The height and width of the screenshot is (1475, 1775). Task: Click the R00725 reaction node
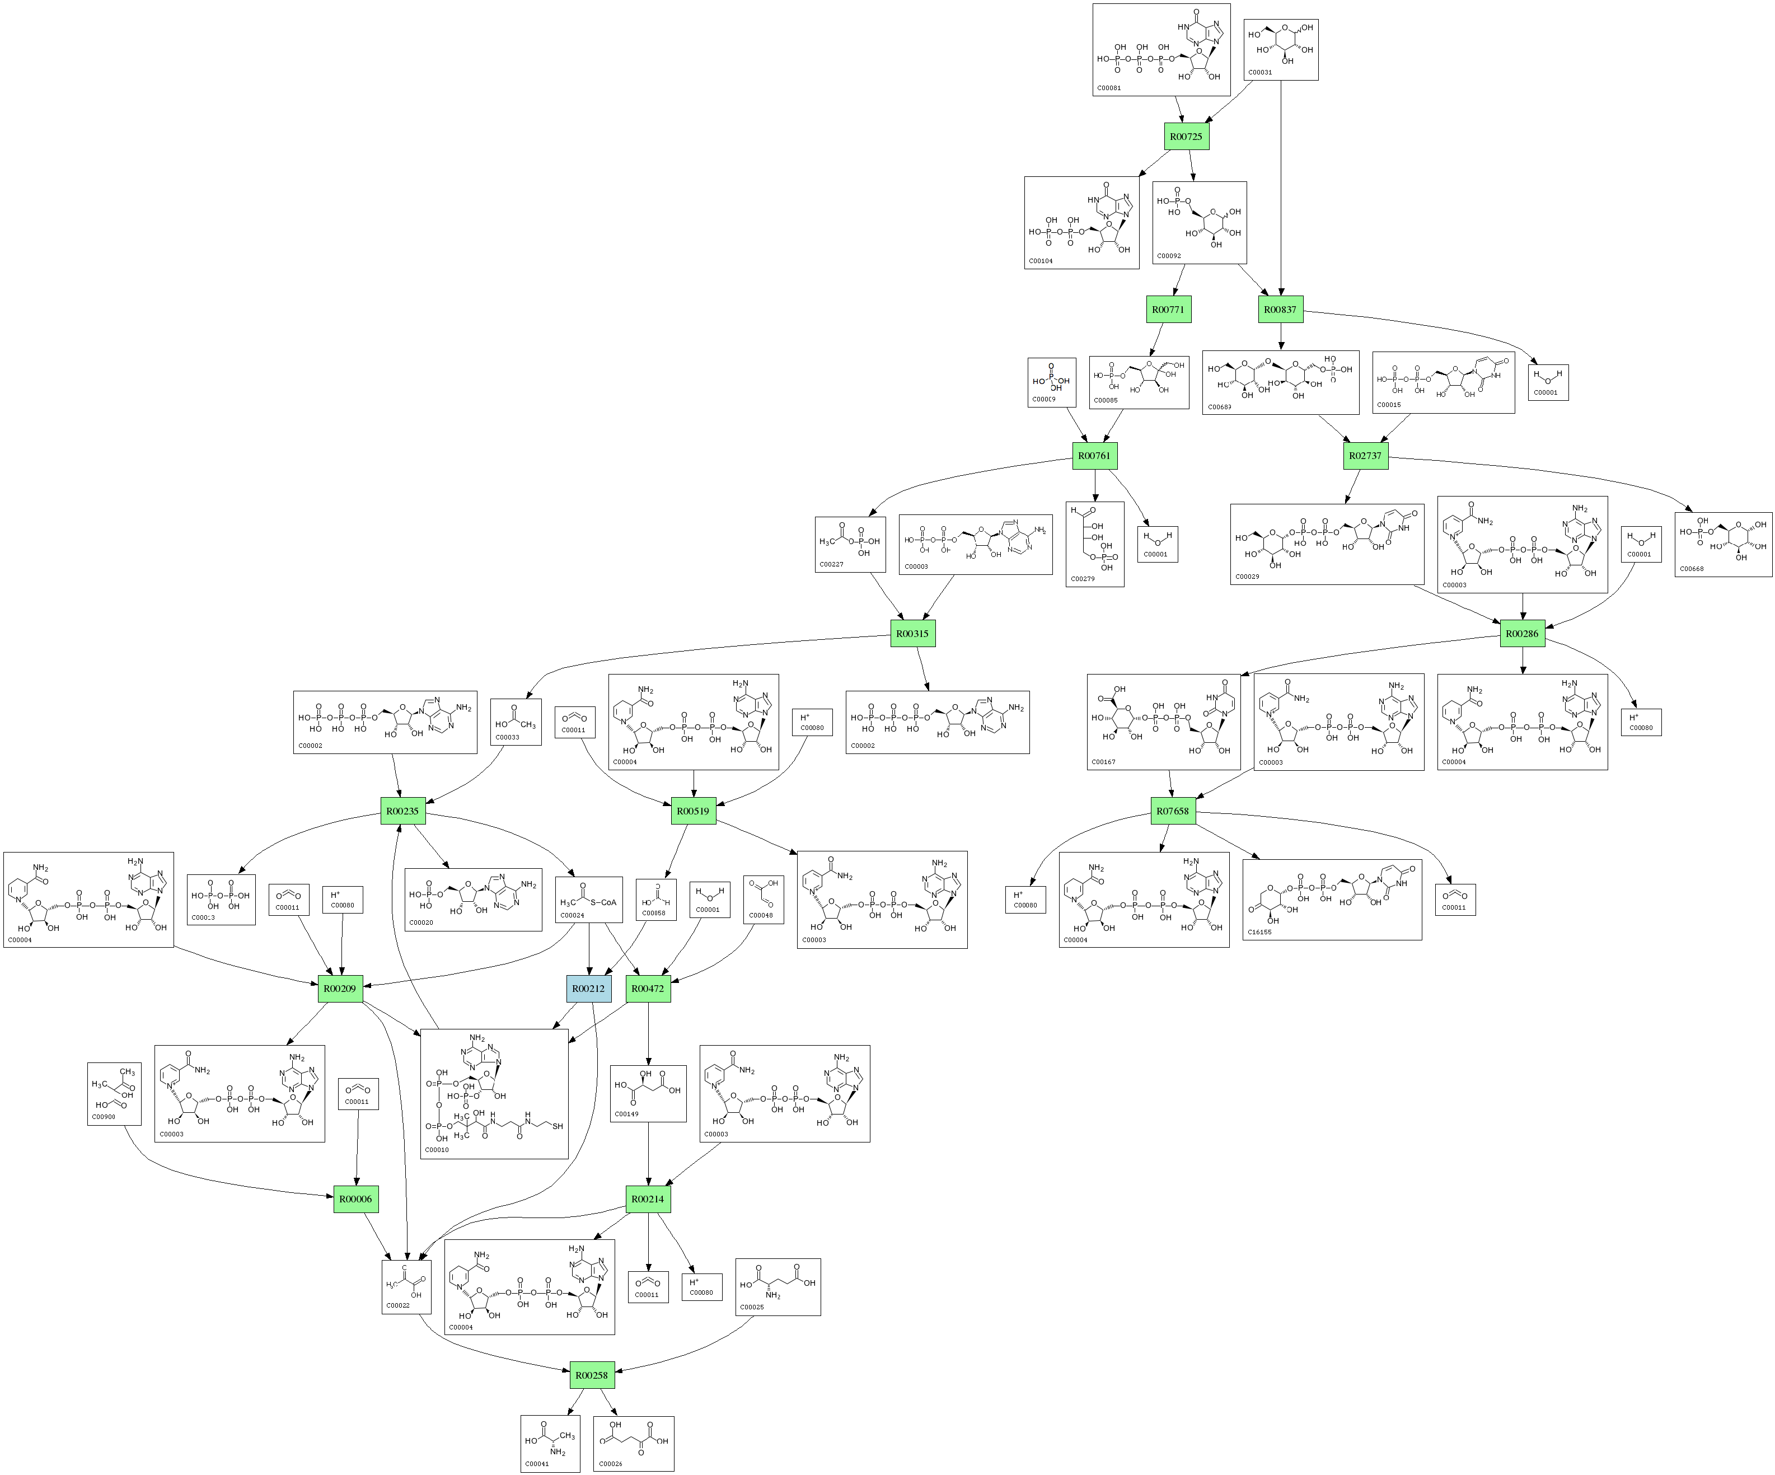point(1186,136)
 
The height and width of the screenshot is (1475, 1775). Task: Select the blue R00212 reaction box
point(588,988)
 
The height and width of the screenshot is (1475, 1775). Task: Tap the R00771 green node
point(1168,310)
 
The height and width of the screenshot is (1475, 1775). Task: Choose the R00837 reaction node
point(1280,310)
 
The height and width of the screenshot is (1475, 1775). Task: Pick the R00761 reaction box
point(1094,456)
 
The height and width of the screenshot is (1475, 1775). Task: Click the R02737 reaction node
point(1365,456)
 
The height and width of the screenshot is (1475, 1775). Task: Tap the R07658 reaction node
point(1172,811)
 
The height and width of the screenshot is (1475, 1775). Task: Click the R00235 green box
point(402,811)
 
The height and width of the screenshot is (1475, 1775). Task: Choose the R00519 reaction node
point(693,811)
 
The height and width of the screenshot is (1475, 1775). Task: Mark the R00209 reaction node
point(340,988)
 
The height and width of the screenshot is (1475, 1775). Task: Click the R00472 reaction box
point(648,988)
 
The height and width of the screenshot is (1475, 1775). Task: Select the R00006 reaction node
point(356,1198)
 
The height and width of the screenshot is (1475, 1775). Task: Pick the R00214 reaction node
point(648,1198)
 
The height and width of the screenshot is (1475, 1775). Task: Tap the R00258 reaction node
point(592,1375)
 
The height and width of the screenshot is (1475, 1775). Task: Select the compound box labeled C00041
point(550,1444)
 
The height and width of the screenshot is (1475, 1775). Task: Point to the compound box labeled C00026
point(633,1444)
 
